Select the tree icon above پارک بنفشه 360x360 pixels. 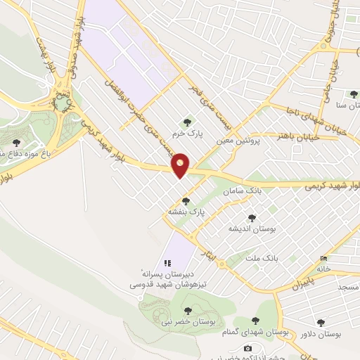click(186, 201)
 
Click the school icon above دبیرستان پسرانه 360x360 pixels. click(167, 263)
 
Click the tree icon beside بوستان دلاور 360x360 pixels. click(321, 323)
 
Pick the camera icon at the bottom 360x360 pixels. click(247, 348)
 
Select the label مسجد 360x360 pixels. click(348, 288)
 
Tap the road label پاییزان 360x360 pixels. click(300, 285)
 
